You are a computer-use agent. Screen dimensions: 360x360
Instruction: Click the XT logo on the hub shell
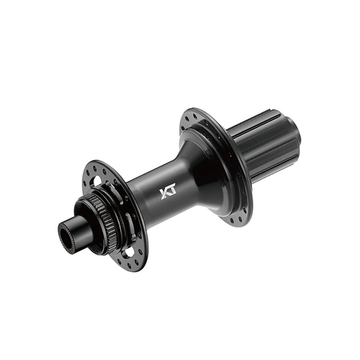[x=166, y=194]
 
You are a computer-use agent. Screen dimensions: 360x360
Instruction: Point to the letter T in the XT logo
[x=171, y=192]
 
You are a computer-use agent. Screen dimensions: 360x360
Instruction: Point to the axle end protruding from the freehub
[x=294, y=130]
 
